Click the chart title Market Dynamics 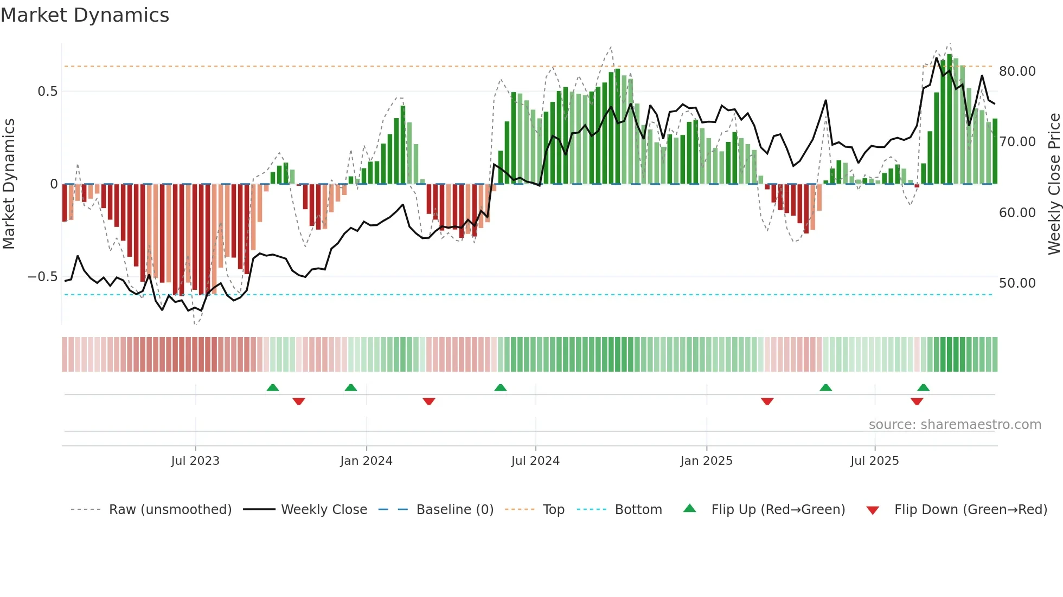coord(85,15)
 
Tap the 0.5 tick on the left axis coord(48,92)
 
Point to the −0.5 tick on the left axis coord(43,277)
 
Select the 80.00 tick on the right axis coord(1017,72)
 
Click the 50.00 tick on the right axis coord(1017,283)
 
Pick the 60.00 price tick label coord(1017,213)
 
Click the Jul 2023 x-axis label coord(195,461)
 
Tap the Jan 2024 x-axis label coord(366,461)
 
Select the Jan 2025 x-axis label coord(706,461)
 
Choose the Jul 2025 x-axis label coord(874,461)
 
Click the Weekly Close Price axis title coord(1054,184)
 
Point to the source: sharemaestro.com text coord(955,425)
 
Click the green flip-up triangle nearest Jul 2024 coord(500,388)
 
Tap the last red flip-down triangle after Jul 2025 coord(917,401)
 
